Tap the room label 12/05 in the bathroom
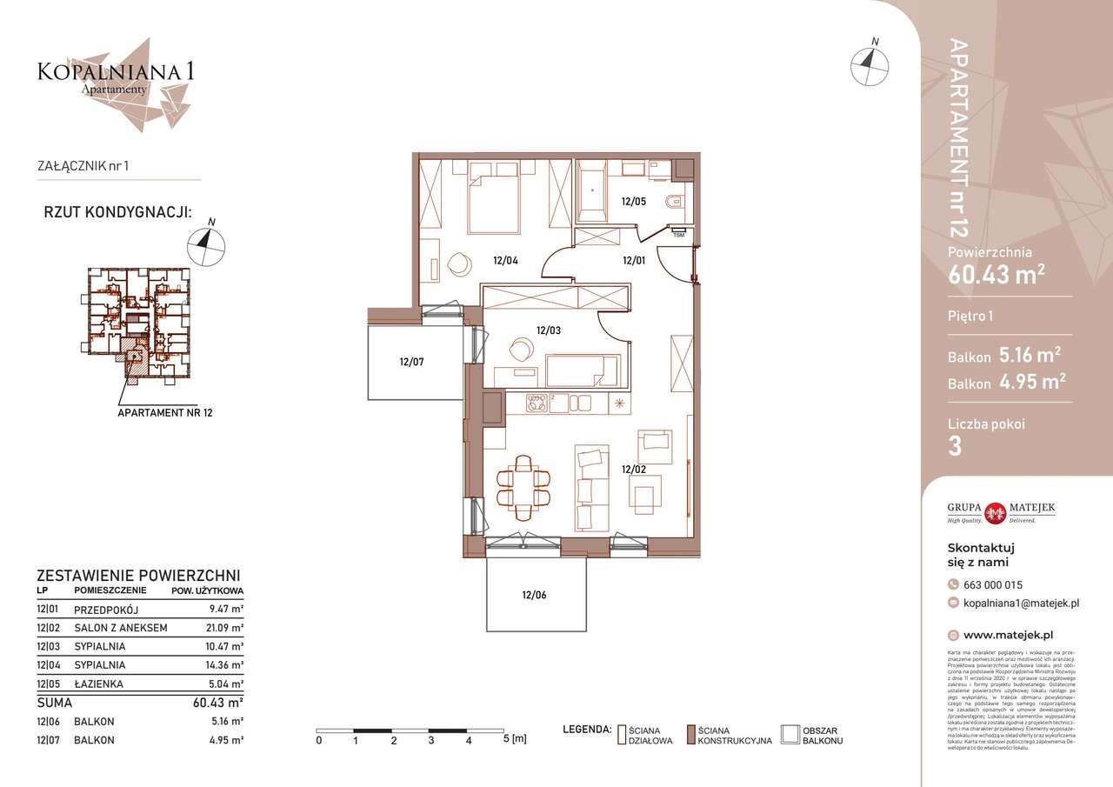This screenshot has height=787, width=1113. (x=633, y=201)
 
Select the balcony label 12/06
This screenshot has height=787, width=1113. (x=535, y=595)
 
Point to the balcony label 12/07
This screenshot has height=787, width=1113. (x=411, y=361)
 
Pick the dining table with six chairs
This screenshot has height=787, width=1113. (x=523, y=487)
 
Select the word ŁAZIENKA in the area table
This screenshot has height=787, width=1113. (x=98, y=684)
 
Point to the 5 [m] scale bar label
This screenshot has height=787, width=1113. (x=515, y=740)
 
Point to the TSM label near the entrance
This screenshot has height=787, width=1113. (x=678, y=234)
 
